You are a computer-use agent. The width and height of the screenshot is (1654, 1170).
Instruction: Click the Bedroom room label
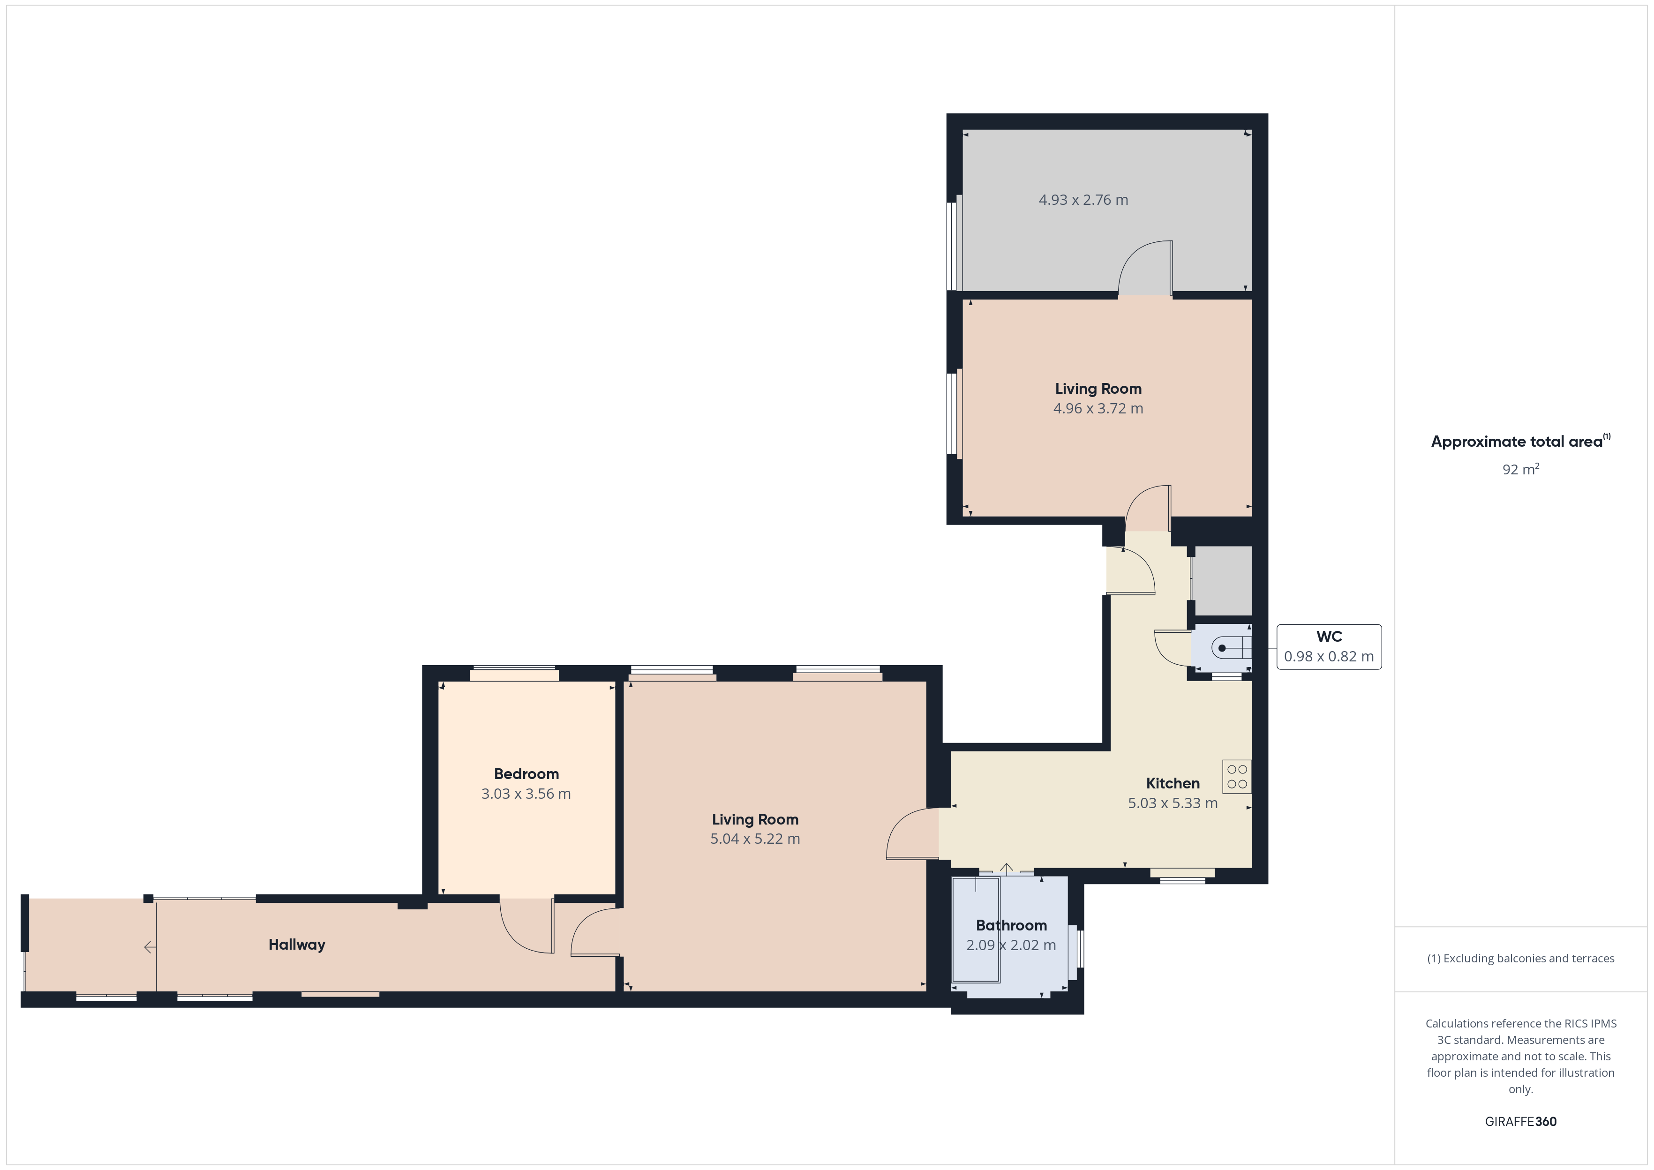(526, 774)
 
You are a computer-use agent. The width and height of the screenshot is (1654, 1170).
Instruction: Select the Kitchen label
(1173, 783)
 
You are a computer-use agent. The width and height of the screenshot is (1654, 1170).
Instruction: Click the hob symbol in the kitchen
(1237, 777)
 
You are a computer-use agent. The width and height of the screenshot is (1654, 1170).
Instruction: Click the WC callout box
(1329, 647)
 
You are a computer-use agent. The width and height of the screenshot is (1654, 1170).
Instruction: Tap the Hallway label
(297, 945)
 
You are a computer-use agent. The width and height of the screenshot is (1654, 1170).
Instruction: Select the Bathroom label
(1011, 925)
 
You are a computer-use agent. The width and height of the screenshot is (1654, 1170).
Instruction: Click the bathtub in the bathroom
(976, 930)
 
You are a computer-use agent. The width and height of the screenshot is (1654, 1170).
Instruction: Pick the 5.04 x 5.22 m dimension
(755, 839)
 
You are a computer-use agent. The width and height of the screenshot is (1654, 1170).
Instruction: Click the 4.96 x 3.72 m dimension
(1098, 408)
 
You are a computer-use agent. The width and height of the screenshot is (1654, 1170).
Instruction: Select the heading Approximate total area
(1520, 442)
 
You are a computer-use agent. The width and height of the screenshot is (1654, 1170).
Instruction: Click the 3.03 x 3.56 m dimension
(526, 794)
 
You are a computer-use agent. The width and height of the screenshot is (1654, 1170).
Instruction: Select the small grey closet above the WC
(1223, 581)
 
